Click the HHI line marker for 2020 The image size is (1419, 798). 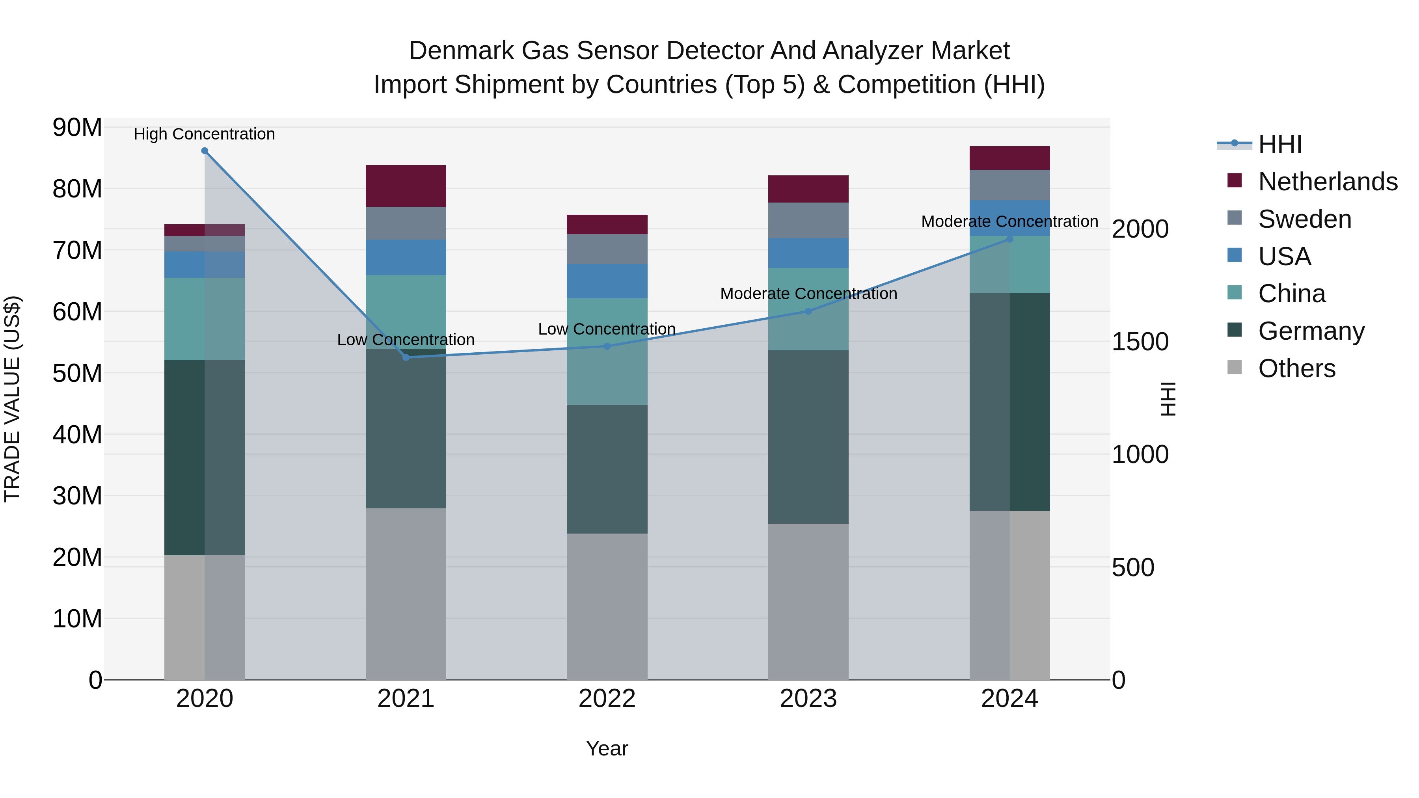point(204,151)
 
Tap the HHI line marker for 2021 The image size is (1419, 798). point(406,357)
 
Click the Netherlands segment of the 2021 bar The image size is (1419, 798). point(406,186)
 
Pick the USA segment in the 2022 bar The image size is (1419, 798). point(607,281)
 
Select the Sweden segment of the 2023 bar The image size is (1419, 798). point(808,220)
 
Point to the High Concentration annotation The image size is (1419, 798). point(204,134)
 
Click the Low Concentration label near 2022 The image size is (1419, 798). point(607,329)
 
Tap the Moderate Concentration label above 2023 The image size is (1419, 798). point(808,294)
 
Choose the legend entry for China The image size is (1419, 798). point(1291,294)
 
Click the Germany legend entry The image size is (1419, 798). point(1311,331)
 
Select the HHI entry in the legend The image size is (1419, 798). point(1279,144)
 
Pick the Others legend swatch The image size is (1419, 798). point(1235,368)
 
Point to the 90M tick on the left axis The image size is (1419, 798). point(77,128)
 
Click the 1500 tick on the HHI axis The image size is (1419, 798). point(1139,342)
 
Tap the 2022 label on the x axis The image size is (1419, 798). point(607,699)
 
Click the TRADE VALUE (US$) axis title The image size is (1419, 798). point(12,399)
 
